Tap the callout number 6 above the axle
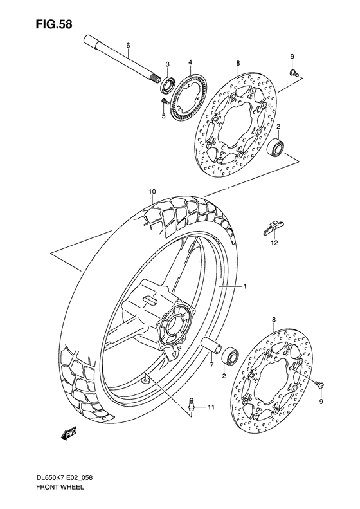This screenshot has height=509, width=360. (128, 45)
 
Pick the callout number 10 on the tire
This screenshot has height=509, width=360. (152, 192)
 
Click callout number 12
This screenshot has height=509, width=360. (274, 243)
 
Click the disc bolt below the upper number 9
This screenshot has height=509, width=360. (292, 73)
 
